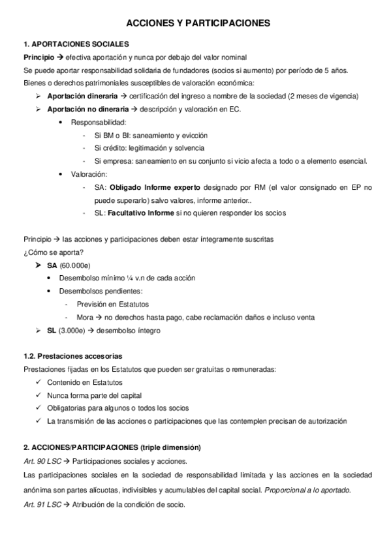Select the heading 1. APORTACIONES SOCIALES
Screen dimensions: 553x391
tap(76, 44)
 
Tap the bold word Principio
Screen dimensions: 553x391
tap(39, 57)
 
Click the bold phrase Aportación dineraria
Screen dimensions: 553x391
tap(82, 96)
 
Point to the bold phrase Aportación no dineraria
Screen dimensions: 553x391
tap(88, 109)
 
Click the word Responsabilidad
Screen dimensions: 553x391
tap(98, 122)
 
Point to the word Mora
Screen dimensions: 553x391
tap(85, 318)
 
